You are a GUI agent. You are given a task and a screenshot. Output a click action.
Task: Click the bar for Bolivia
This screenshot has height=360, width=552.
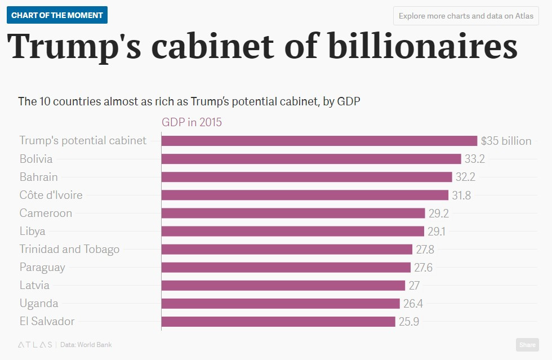pyautogui.click(x=311, y=159)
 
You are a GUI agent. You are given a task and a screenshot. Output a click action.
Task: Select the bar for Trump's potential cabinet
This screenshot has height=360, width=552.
pyautogui.click(x=319, y=141)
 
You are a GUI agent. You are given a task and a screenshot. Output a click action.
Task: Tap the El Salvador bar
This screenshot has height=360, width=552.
pyautogui.click(x=278, y=322)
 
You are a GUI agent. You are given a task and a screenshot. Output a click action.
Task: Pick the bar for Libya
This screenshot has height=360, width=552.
pyautogui.click(x=292, y=231)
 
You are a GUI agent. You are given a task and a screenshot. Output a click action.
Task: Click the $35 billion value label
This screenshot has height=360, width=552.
pyautogui.click(x=506, y=141)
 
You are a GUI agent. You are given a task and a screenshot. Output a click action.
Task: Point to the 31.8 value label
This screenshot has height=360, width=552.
pyautogui.click(x=462, y=195)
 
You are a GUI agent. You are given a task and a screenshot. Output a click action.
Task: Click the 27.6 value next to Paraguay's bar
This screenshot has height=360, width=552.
pyautogui.click(x=422, y=267)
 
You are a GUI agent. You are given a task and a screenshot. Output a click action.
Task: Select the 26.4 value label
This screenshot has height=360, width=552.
pyautogui.click(x=413, y=304)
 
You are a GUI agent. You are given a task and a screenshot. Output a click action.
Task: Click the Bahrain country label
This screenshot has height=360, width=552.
pyautogui.click(x=38, y=177)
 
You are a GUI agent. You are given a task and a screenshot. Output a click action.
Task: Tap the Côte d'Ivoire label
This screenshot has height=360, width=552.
pyautogui.click(x=51, y=195)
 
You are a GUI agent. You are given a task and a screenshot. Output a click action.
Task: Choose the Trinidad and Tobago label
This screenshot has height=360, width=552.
pyautogui.click(x=69, y=249)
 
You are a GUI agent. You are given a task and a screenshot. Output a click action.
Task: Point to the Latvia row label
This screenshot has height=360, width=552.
pyautogui.click(x=34, y=285)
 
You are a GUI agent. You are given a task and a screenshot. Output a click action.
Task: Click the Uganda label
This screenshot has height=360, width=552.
pyautogui.click(x=38, y=303)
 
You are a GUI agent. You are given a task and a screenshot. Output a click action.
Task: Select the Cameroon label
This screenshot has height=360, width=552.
pyautogui.click(x=46, y=213)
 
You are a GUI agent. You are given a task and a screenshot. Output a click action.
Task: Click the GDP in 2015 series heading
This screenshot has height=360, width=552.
pyautogui.click(x=192, y=122)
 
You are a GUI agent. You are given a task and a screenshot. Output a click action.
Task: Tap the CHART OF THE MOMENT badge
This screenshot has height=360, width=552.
pyautogui.click(x=57, y=15)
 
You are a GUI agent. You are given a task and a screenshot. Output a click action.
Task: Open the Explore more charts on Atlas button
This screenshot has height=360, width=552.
pyautogui.click(x=466, y=16)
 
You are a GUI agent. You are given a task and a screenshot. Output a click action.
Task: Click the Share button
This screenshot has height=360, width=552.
pyautogui.click(x=527, y=345)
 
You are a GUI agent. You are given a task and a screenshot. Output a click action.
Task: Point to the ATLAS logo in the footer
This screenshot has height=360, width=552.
pyautogui.click(x=35, y=344)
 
